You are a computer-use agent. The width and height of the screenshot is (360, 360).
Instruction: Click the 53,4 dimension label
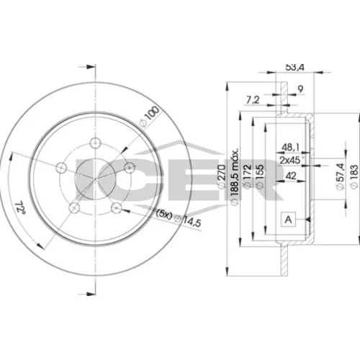click(x=294, y=68)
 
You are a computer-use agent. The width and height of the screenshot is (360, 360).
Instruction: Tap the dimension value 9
click(x=300, y=89)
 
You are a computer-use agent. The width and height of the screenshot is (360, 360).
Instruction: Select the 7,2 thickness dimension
click(x=253, y=100)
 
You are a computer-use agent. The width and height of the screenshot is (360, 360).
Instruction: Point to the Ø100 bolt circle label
click(x=150, y=117)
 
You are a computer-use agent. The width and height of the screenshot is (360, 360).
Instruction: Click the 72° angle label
click(x=20, y=207)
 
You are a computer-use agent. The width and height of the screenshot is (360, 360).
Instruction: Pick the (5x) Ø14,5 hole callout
click(x=179, y=217)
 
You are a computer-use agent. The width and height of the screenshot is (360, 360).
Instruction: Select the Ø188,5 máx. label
click(x=235, y=176)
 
